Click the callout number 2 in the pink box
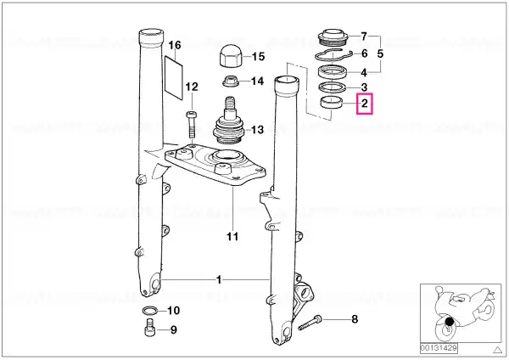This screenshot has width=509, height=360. (365, 104)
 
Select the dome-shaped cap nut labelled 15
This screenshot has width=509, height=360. (231, 56)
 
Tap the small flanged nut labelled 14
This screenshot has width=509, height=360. (231, 82)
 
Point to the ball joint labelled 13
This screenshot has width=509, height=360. (228, 121)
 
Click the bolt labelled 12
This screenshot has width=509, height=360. (191, 125)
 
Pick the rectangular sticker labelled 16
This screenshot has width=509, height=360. (174, 77)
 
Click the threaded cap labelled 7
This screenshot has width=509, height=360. (333, 37)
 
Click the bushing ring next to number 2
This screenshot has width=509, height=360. (331, 103)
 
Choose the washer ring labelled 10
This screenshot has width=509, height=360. (151, 311)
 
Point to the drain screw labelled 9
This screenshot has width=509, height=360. (149, 328)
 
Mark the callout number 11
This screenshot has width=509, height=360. (232, 236)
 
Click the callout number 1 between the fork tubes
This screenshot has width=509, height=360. (219, 279)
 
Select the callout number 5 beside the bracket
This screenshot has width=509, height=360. (380, 53)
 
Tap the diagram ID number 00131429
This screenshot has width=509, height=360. (439, 348)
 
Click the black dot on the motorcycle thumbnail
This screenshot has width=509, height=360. (450, 322)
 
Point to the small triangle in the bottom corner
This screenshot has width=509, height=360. (497, 350)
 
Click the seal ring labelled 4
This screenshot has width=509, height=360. (333, 71)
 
